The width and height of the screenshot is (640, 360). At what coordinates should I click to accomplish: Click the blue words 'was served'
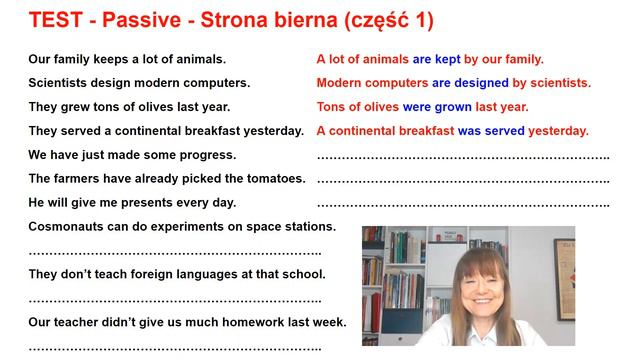coord(491,131)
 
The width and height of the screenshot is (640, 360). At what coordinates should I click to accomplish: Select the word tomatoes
coord(271,179)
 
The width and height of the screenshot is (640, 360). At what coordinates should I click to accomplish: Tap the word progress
coord(206,155)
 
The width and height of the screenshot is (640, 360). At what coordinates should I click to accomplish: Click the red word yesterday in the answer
coord(559,131)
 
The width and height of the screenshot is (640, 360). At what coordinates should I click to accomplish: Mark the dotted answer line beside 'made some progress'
coord(463,156)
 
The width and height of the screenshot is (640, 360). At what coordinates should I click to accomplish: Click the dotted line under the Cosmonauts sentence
coord(175,252)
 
